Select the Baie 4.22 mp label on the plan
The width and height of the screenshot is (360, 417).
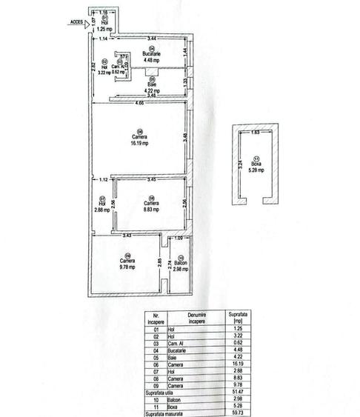(x=151, y=87)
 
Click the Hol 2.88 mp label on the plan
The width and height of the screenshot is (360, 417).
(x=102, y=206)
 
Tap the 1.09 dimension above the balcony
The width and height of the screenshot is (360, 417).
(x=178, y=237)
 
